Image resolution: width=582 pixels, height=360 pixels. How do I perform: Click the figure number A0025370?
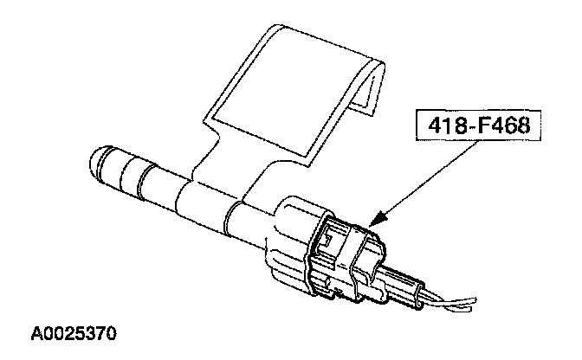click(x=75, y=332)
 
